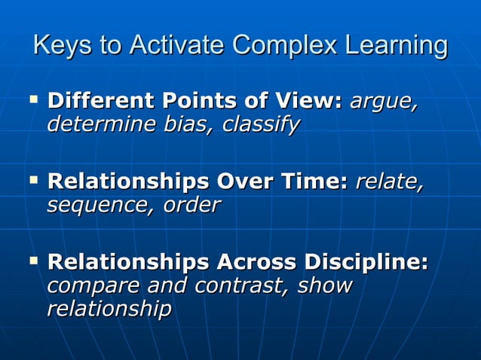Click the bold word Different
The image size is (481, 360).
point(95,100)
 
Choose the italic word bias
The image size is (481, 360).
point(183,123)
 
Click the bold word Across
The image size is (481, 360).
point(256,263)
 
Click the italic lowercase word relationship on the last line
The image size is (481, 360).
point(109,309)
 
